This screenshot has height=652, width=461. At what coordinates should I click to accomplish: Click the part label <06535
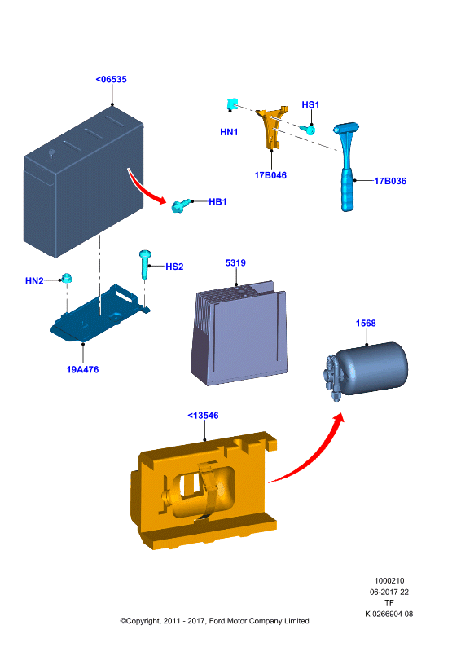(x=111, y=79)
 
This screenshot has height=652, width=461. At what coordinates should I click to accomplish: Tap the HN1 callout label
(x=229, y=132)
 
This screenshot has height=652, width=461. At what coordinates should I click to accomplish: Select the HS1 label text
(x=310, y=104)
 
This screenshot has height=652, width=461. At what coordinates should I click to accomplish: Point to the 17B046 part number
(x=270, y=175)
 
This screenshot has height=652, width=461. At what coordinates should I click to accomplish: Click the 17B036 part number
(x=390, y=181)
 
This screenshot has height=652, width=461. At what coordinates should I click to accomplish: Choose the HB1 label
(x=217, y=201)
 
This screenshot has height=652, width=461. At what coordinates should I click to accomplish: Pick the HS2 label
(x=174, y=267)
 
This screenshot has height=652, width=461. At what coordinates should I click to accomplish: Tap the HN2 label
(x=34, y=280)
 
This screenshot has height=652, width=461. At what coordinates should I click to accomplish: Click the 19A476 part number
(x=83, y=369)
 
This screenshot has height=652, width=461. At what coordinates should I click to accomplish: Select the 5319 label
(x=235, y=262)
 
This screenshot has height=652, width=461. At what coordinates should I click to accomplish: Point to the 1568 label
(x=366, y=323)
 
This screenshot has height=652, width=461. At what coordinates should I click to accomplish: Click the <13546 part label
(x=203, y=416)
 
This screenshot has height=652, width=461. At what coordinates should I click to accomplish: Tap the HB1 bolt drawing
(x=181, y=205)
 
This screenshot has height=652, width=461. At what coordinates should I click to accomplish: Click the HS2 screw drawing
(x=145, y=263)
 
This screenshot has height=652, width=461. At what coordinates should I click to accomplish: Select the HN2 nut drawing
(x=67, y=278)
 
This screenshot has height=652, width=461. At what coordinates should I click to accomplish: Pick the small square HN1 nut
(x=232, y=104)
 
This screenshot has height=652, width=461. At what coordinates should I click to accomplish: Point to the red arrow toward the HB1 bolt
(x=147, y=188)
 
